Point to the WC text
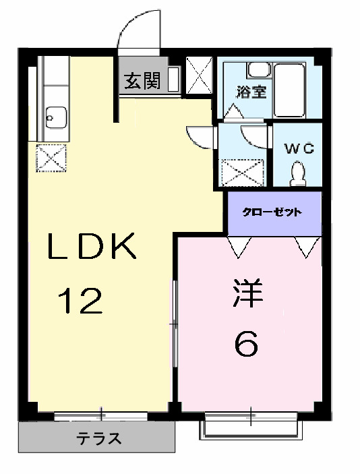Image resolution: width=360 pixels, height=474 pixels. point(297,149)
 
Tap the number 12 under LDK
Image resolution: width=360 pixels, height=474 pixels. point(80,301)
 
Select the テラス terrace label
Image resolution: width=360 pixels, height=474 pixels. point(98,439)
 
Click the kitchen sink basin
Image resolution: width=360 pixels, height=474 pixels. point(53,117)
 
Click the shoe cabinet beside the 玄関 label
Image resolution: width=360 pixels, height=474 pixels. point(173,80)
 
